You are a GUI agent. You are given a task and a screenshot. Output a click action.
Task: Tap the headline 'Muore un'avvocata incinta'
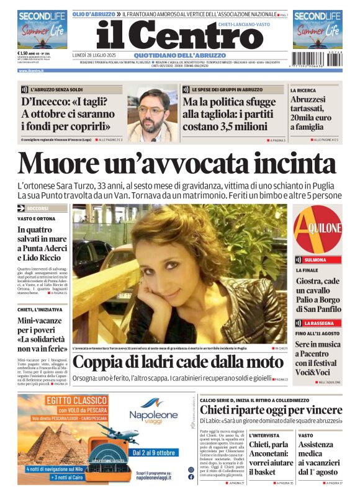pyautogui.click(x=176, y=163)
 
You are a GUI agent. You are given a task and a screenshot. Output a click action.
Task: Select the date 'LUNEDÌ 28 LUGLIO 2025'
pyautogui.click(x=94, y=55)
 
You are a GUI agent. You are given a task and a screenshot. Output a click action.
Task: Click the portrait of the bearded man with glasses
pyautogui.click(x=153, y=114)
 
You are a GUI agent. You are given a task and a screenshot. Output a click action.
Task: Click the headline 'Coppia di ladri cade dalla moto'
pyautogui.click(x=178, y=362)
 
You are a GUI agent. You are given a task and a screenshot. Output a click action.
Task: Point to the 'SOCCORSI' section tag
pyautogui.click(x=41, y=208)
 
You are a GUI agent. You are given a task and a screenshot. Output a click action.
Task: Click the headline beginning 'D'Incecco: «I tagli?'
pyautogui.click(x=68, y=114)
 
